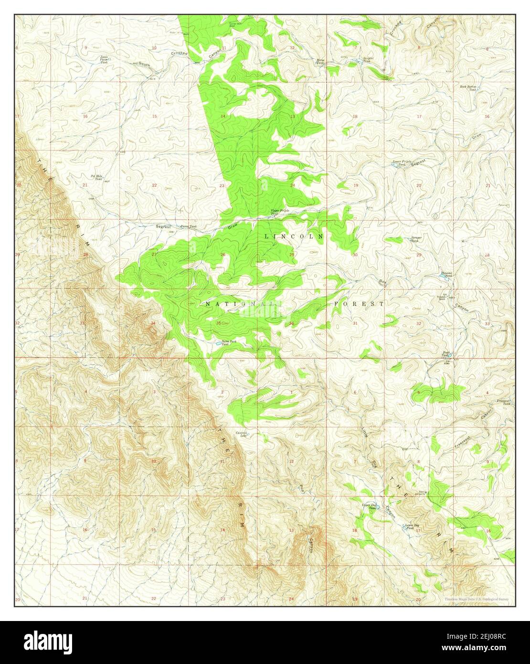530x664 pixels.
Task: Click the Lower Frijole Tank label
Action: [402, 163]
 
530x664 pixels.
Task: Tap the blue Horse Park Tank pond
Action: [218, 343]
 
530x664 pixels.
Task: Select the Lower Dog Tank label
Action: [412, 527]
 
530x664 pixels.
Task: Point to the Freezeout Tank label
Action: [503, 402]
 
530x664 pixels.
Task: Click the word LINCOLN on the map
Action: [294, 236]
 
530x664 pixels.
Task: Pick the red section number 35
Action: [219, 323]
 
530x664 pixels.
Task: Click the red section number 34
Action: [153, 323]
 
